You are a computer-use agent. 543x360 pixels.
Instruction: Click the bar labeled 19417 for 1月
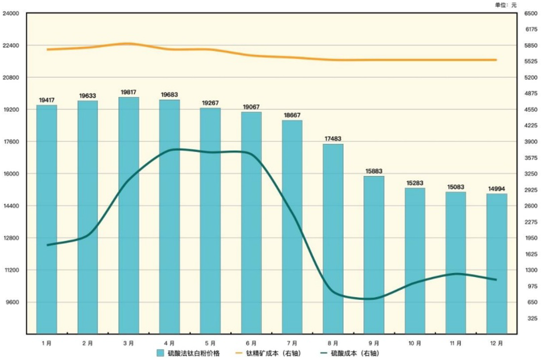[x=47, y=219]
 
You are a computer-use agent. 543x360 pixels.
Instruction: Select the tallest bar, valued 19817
[x=129, y=215]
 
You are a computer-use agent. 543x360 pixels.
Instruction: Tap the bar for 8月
[x=333, y=239]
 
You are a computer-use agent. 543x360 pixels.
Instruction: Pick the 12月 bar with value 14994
[x=497, y=264]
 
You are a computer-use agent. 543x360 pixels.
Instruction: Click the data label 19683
[x=169, y=95]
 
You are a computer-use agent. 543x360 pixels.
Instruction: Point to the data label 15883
[x=374, y=171]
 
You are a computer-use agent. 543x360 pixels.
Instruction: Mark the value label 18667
[x=292, y=115]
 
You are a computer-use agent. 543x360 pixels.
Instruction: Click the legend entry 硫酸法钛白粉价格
[x=188, y=353]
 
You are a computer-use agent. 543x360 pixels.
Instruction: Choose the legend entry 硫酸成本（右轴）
[x=350, y=353]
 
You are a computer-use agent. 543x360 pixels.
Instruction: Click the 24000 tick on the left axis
[x=11, y=13]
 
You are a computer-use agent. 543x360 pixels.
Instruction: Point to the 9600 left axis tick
[x=12, y=302]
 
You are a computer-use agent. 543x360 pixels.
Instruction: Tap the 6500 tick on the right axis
[x=531, y=13]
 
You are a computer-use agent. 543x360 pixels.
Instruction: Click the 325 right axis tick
[x=533, y=318]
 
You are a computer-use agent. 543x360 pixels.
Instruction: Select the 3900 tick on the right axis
[x=531, y=142]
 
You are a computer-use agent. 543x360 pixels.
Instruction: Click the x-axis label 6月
[x=251, y=343]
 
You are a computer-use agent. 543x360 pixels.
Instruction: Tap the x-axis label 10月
[x=415, y=343]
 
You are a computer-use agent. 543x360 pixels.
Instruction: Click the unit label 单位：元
[x=506, y=5]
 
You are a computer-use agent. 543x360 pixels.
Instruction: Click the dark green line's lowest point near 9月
[x=370, y=299]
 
